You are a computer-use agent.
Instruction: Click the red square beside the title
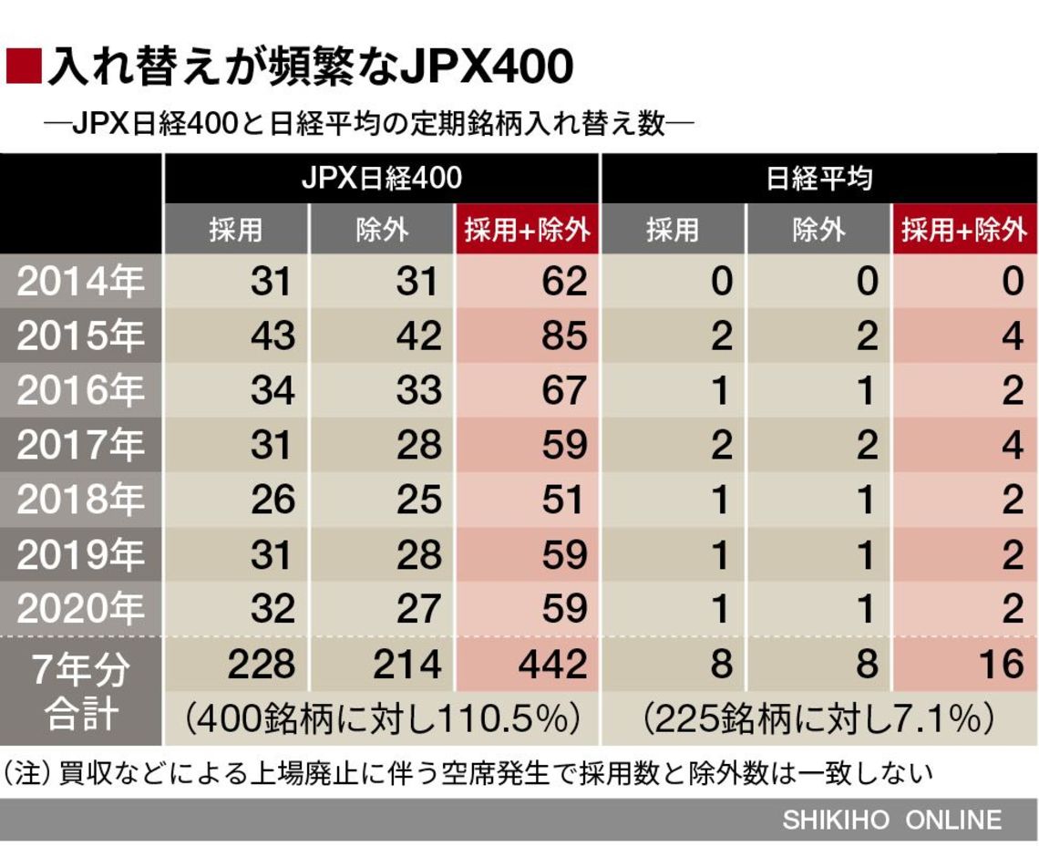23,66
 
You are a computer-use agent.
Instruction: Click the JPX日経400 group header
381,178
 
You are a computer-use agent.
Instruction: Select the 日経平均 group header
818,178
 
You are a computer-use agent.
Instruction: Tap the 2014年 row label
81,282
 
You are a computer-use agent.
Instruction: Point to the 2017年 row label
81,446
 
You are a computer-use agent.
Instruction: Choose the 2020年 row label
81,608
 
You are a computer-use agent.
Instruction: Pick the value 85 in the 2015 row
562,336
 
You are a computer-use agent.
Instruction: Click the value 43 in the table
273,336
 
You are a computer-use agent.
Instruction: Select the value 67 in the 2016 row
562,391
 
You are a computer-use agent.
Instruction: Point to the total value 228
261,664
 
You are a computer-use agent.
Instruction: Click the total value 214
406,664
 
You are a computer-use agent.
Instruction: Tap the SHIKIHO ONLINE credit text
891,820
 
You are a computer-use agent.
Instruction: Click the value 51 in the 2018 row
562,500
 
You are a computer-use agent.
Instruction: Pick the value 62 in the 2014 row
562,282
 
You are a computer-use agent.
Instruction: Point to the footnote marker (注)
27,774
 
